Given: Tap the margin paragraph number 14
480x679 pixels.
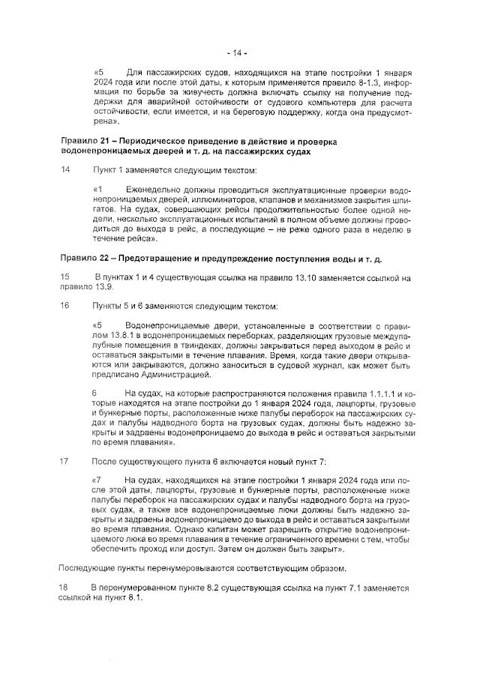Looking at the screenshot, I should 65,170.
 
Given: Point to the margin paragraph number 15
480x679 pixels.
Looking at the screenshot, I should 65,277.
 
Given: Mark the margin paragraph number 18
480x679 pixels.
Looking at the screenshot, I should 65,588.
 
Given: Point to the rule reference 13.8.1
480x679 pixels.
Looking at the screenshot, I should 124,336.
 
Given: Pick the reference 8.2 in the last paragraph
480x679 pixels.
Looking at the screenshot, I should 199,588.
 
